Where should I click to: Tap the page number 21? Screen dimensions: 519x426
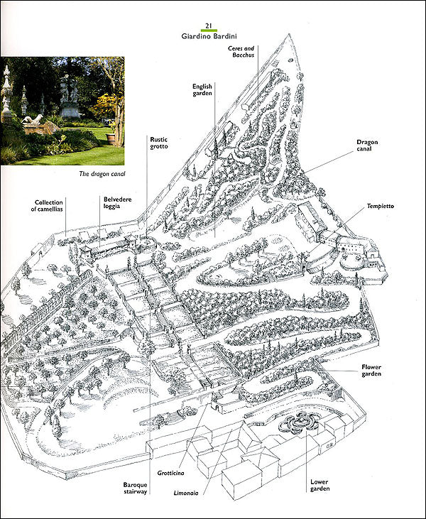coord(209,26)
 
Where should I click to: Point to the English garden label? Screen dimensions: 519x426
coord(202,89)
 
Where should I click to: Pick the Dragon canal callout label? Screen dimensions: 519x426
coord(368,146)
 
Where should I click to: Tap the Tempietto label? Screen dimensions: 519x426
coord(380,206)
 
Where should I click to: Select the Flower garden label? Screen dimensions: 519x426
coord(371,371)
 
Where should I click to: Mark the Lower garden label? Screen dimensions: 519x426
coord(319,485)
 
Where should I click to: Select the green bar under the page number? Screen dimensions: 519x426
coord(209,31)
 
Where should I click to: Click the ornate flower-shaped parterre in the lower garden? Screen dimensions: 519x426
coord(297,423)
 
